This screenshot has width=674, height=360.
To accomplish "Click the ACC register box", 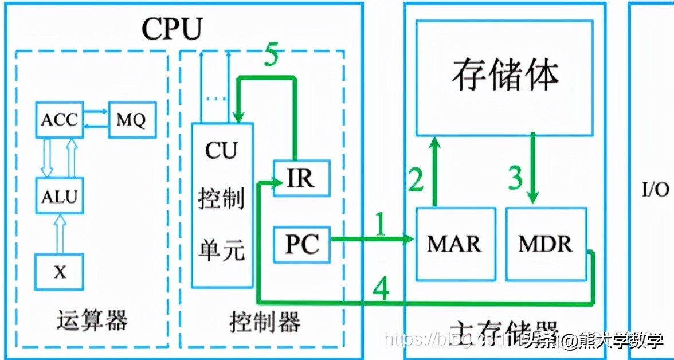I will [59, 120].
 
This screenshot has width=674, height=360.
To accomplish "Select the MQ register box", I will [132, 120].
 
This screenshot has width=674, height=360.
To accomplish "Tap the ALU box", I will [59, 196].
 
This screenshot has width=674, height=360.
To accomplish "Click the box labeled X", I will [60, 272].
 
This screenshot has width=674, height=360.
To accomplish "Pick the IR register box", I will [301, 179].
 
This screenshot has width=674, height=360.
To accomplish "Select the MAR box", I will [455, 245].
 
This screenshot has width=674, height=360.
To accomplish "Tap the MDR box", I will [546, 245].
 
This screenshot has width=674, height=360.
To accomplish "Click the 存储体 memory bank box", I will [505, 77].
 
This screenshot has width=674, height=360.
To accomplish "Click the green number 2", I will [416, 179].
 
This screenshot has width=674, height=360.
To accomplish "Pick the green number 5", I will [271, 57].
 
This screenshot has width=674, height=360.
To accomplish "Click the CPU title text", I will [172, 29].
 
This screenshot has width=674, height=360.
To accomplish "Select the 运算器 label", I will [92, 321].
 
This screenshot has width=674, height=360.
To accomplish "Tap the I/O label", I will [656, 189].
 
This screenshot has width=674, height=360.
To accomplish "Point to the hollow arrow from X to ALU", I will [60, 233].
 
